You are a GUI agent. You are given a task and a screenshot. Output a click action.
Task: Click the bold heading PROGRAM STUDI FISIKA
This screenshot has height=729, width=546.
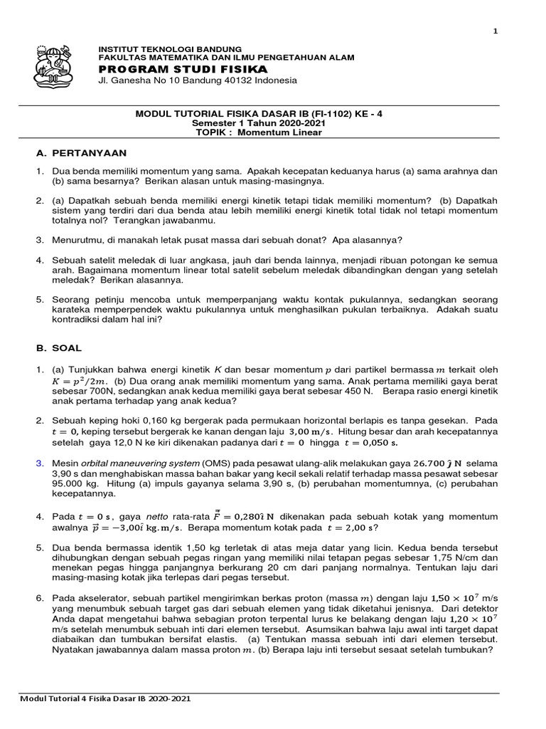coord(183,68)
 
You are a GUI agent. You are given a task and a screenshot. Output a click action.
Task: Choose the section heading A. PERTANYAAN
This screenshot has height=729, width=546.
coord(81,153)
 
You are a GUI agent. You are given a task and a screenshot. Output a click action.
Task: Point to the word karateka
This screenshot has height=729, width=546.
coord(72,310)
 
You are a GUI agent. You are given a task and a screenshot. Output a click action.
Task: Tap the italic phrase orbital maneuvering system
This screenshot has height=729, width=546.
coord(136,463)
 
